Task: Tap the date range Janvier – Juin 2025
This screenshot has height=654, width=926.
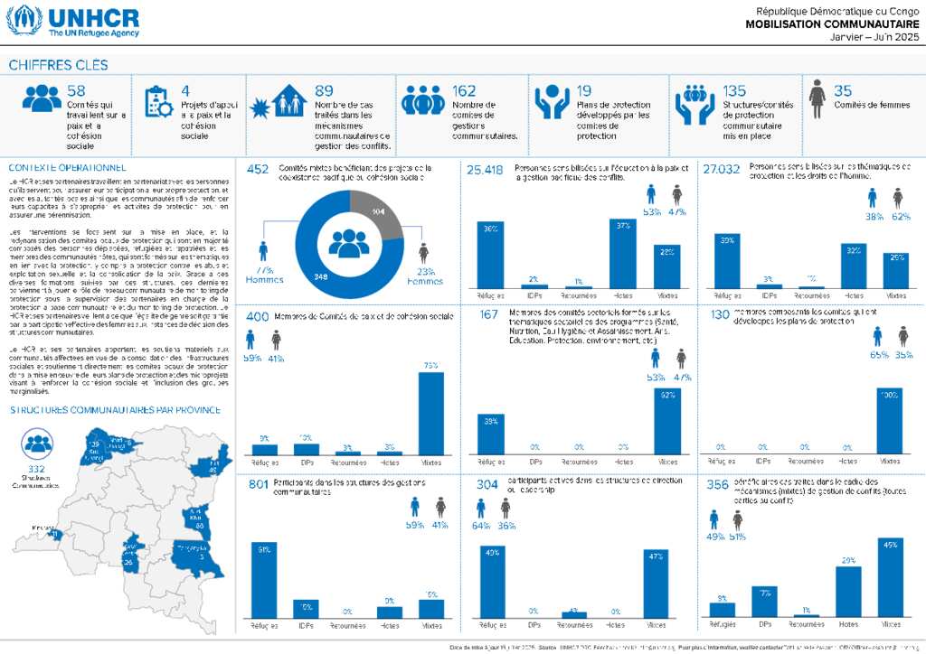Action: click(x=874, y=37)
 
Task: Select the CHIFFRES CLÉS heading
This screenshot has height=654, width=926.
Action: click(x=58, y=65)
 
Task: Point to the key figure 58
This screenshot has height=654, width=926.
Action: click(x=76, y=90)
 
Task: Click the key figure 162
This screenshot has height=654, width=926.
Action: click(x=464, y=90)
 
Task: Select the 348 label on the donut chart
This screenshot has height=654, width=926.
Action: click(x=321, y=276)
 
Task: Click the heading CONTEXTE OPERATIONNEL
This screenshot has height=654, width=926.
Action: click(x=67, y=168)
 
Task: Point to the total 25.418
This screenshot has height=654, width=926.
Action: click(x=485, y=169)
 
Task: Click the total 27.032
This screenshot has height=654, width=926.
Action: click(x=721, y=169)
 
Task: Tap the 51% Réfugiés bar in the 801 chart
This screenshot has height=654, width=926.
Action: click(x=264, y=579)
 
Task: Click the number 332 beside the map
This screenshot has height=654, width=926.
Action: click(x=37, y=471)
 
